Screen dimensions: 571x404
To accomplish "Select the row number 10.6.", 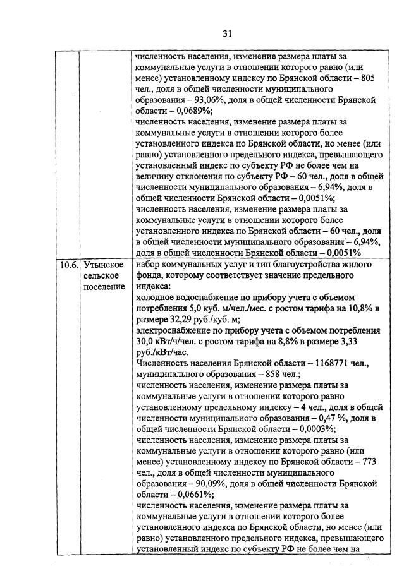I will coord(65,265).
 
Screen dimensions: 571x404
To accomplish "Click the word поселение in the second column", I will coord(103,287).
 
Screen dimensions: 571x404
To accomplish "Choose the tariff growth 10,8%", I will coord(349,308).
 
